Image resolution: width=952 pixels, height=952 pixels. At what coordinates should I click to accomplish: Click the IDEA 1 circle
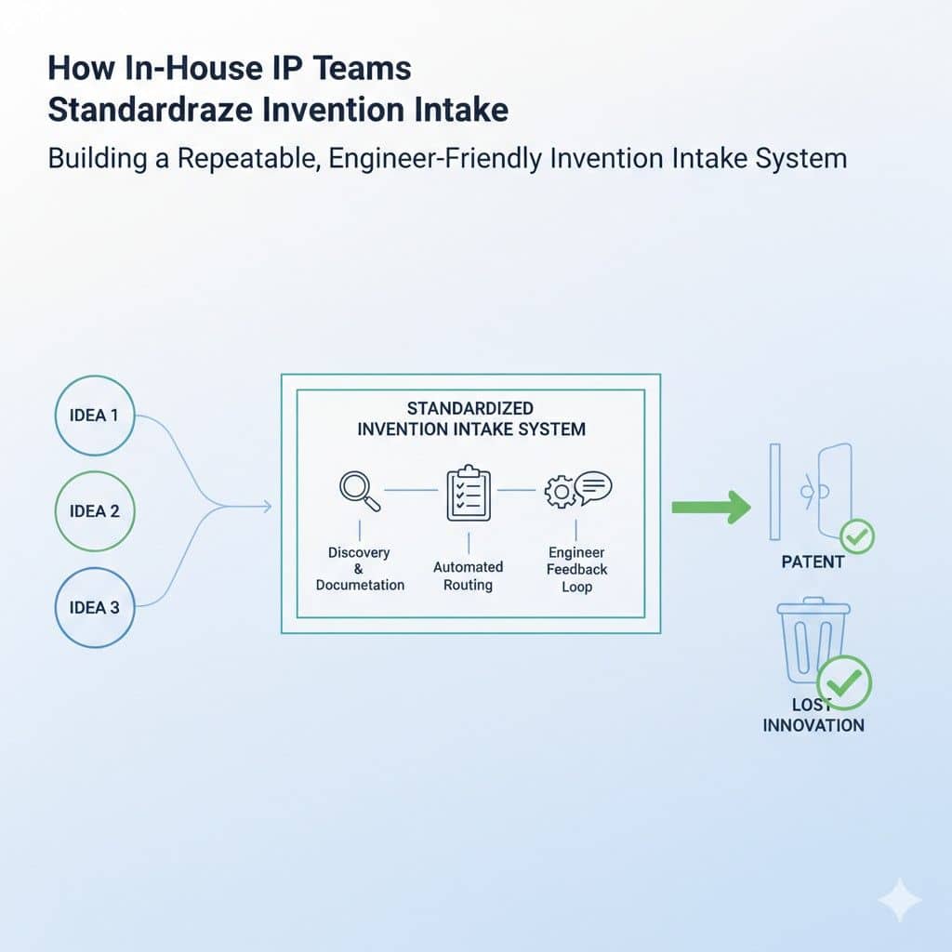pos(94,416)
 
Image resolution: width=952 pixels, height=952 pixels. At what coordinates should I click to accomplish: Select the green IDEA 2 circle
pos(94,511)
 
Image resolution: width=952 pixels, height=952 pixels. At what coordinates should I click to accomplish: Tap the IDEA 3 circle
pos(94,608)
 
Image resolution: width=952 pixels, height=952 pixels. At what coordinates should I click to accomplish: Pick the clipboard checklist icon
pos(469,492)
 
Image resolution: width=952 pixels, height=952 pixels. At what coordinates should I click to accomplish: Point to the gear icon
pos(560,493)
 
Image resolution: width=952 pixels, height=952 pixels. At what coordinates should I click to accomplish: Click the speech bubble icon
pos(593,486)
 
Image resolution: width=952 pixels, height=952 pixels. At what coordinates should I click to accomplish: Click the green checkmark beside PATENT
pos(856,536)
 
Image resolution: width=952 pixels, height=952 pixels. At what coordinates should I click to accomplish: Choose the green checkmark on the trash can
pos(842,683)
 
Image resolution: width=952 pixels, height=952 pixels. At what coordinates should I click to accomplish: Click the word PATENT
pos(813,562)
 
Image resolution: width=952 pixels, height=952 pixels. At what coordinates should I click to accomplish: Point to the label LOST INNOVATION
pos(813,715)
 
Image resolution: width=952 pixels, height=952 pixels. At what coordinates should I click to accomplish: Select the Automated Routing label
pos(468,575)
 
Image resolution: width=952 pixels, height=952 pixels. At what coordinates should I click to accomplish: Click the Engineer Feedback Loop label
pos(576,569)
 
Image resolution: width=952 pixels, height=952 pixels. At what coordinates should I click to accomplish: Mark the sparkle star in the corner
pos(899,900)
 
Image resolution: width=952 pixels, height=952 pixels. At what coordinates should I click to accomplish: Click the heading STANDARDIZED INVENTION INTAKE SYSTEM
pos(470,418)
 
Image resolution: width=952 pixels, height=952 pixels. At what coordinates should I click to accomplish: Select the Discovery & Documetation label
pos(360,568)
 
